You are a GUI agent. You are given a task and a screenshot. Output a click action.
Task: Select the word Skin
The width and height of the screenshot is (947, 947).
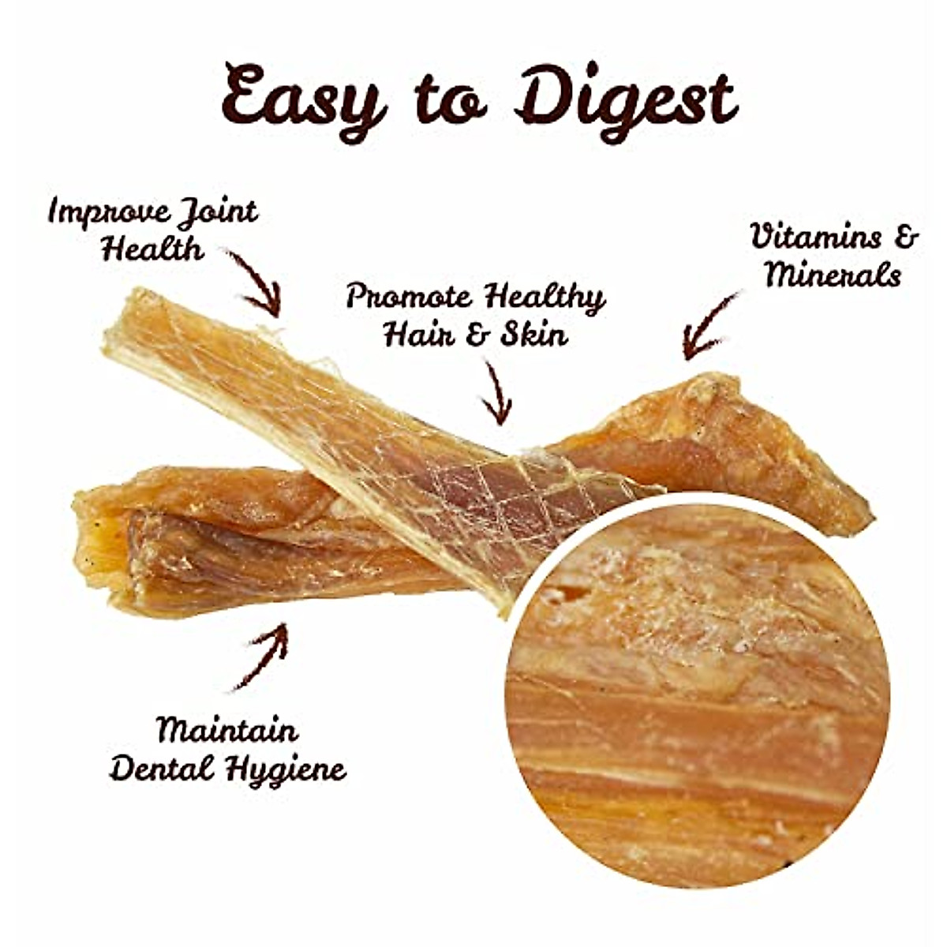[534, 335]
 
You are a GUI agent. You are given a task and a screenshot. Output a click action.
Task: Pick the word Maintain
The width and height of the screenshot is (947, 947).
[227, 730]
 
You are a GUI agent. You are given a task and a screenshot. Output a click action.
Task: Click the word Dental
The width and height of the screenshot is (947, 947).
[161, 768]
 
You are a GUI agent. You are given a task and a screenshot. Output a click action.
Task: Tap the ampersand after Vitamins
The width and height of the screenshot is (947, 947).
[908, 237]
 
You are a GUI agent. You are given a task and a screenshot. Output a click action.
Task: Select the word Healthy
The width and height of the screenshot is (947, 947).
[545, 298]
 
